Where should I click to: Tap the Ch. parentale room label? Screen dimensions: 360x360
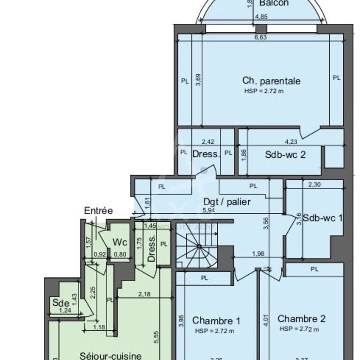[x=271, y=81]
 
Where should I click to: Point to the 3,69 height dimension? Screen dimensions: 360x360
[x=198, y=80]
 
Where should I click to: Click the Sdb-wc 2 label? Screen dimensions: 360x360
[x=285, y=155]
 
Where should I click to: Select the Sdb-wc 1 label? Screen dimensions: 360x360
[x=322, y=218]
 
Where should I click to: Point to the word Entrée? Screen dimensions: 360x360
[x=98, y=211]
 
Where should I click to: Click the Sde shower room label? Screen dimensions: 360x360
[x=58, y=302]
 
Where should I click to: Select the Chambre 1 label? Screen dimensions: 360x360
[x=216, y=320]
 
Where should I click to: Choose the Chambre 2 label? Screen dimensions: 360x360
[x=301, y=319]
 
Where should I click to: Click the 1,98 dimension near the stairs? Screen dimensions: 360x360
[x=258, y=254]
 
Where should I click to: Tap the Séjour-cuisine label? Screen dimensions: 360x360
[x=110, y=356]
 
